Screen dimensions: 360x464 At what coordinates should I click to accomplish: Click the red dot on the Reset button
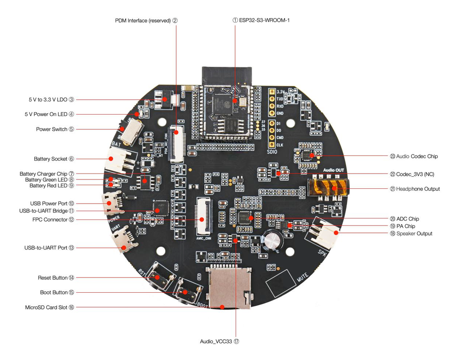pyautogui.click(x=158, y=278)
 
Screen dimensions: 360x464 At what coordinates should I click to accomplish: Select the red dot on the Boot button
pyautogui.click(x=185, y=292)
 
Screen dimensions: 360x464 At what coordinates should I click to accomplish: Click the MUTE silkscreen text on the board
pyautogui.click(x=303, y=278)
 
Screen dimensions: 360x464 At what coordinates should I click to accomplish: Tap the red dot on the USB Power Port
pyautogui.click(x=110, y=203)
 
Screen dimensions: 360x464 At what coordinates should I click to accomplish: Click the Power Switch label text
pyautogui.click(x=52, y=129)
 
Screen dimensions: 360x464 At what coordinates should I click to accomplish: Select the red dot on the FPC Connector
pyautogui.click(x=202, y=219)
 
